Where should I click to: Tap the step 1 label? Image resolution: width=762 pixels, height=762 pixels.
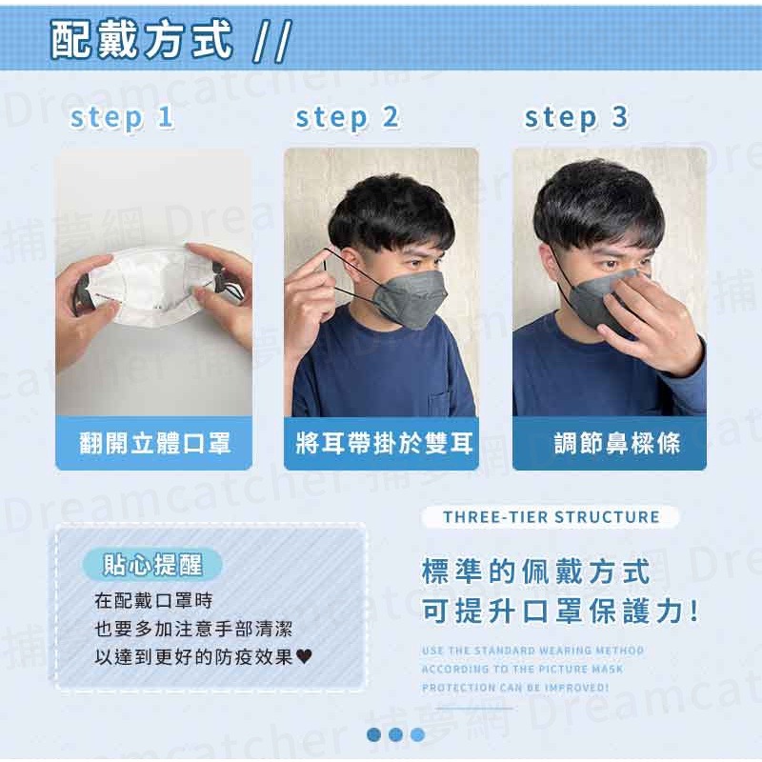tap(122, 118)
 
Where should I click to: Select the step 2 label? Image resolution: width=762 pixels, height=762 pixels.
tap(347, 118)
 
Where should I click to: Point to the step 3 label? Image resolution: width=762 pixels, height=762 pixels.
tap(576, 118)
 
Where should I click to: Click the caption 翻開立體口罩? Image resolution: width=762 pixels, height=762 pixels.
tap(154, 443)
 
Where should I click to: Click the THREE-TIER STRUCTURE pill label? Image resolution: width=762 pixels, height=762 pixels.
tap(551, 517)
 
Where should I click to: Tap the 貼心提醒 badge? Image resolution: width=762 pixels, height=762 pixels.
tap(153, 565)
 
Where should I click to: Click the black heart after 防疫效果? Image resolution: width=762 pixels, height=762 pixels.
tap(305, 656)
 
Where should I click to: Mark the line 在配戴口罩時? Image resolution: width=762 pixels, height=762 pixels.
tap(153, 602)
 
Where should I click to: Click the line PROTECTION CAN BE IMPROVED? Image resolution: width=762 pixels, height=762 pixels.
tap(514, 687)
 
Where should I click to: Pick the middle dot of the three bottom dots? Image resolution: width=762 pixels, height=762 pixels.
tap(395, 734)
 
